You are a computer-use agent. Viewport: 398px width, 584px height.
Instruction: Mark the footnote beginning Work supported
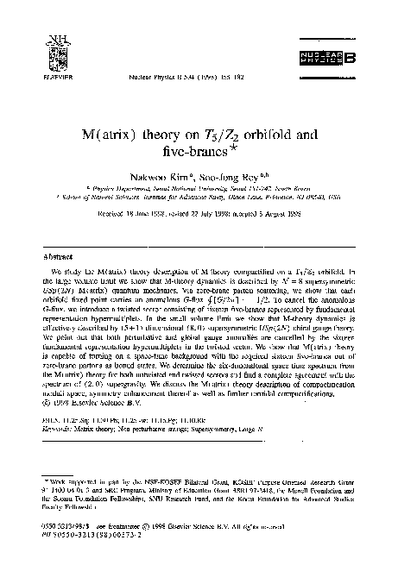(199, 484)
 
